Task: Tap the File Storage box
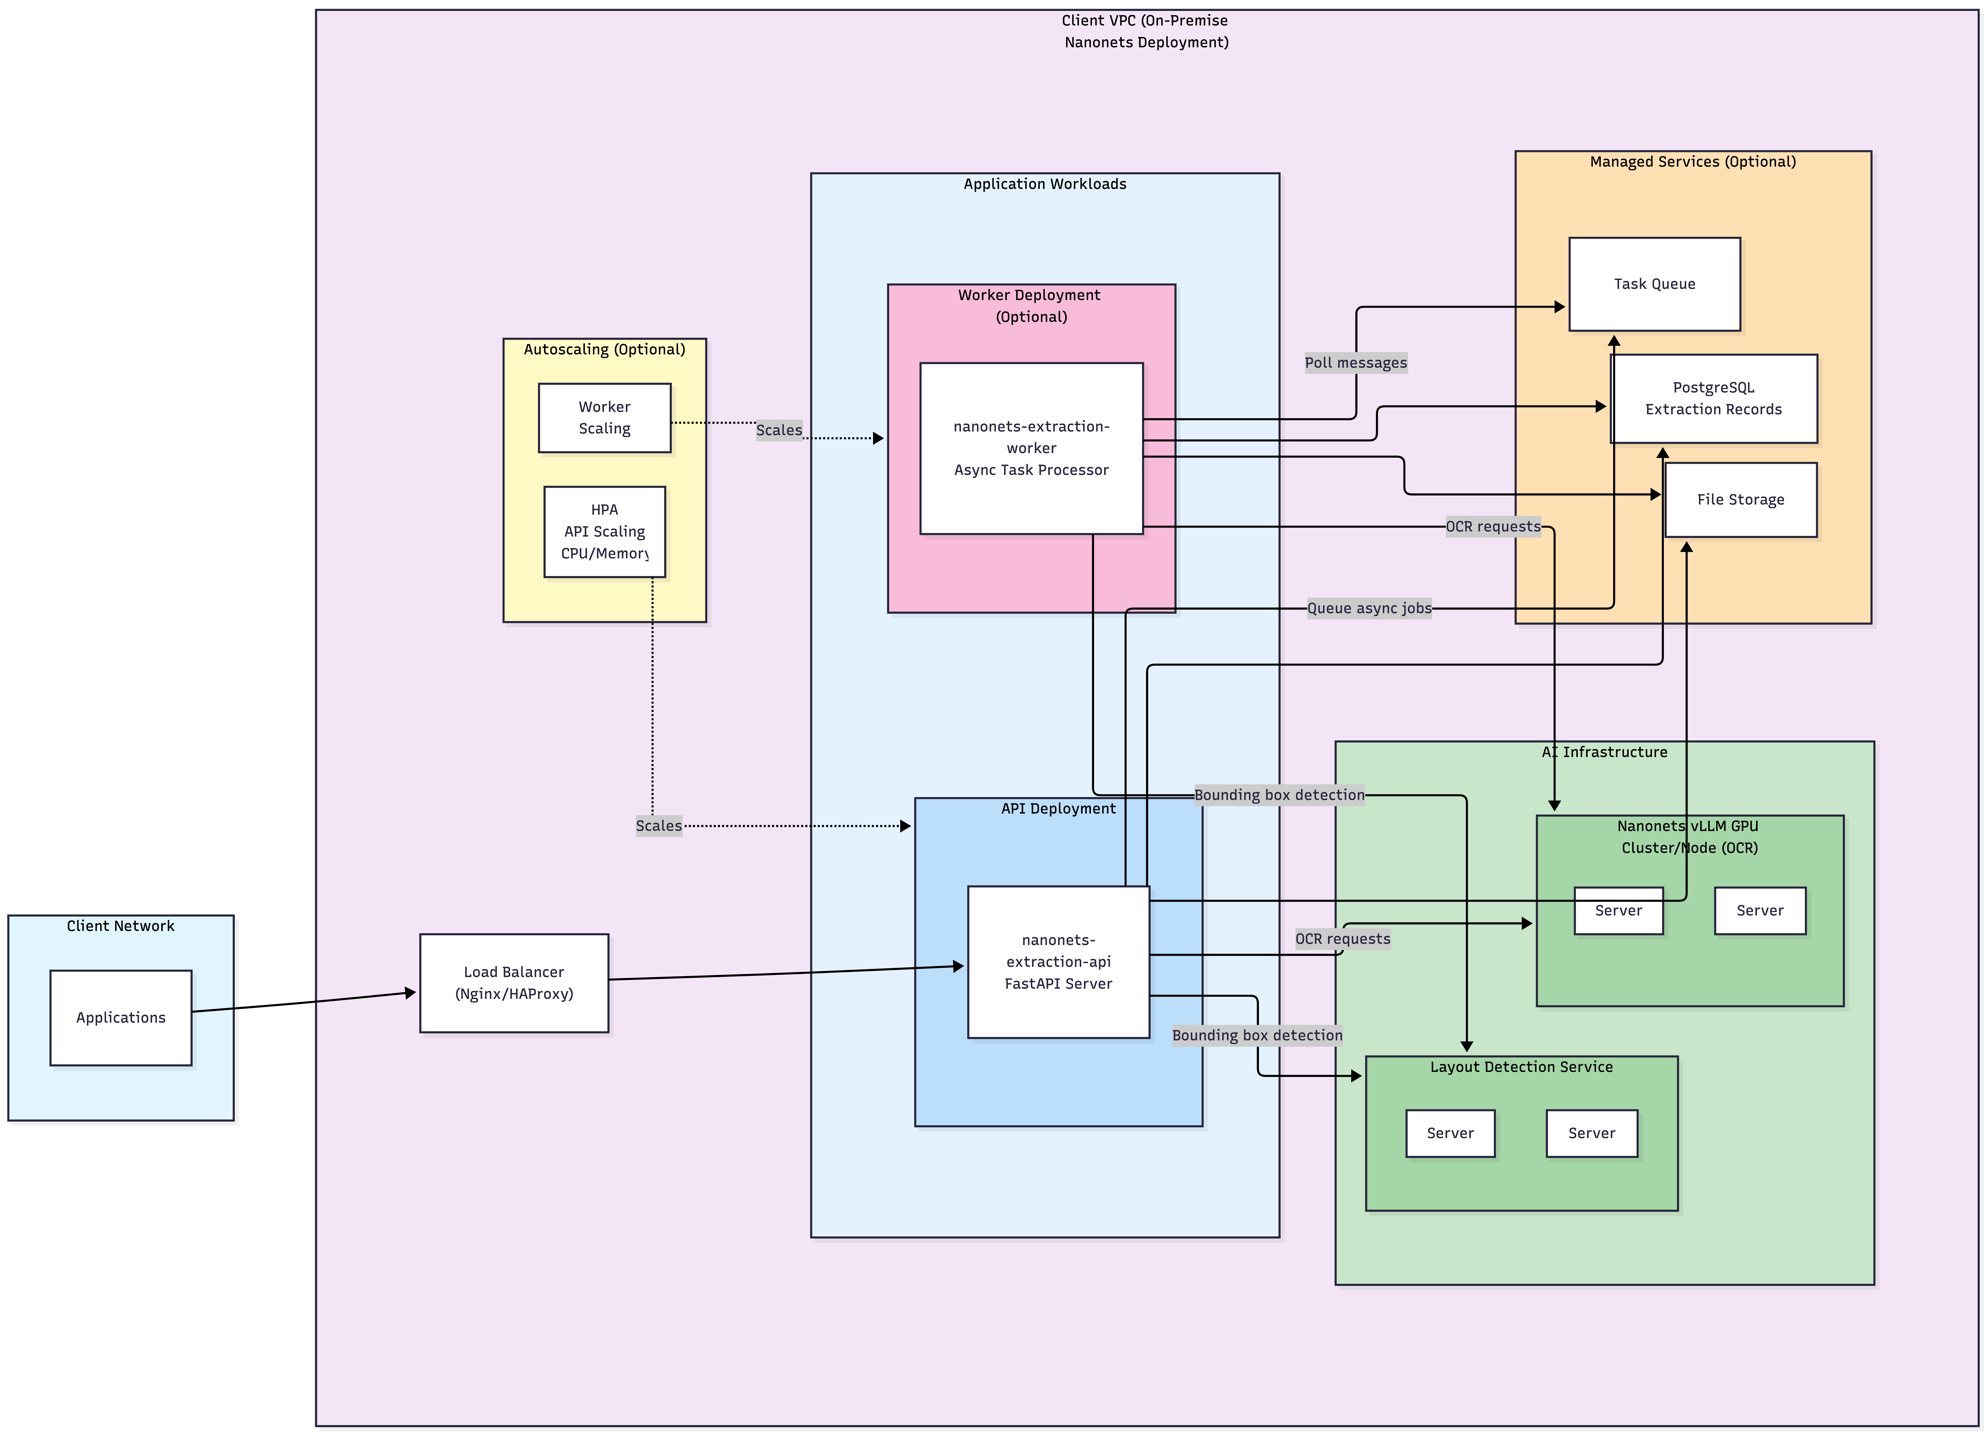[1740, 499]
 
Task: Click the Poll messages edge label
[1355, 363]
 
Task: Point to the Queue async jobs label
[1368, 608]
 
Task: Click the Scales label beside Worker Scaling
[779, 430]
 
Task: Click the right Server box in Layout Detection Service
[1591, 1133]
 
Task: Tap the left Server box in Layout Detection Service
[1450, 1133]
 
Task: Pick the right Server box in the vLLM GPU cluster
[1759, 910]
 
